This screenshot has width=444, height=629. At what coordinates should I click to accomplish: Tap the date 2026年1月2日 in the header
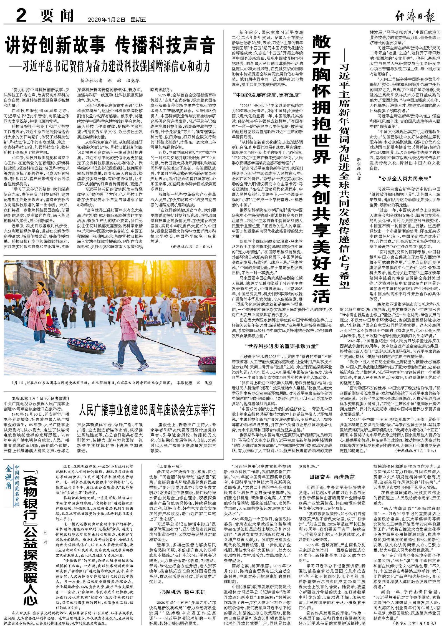pyautogui.click(x=107, y=20)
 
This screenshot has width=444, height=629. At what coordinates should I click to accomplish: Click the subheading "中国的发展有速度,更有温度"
pyautogui.click(x=267, y=95)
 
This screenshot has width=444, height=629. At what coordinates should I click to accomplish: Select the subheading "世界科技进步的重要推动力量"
pyautogui.click(x=282, y=346)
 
